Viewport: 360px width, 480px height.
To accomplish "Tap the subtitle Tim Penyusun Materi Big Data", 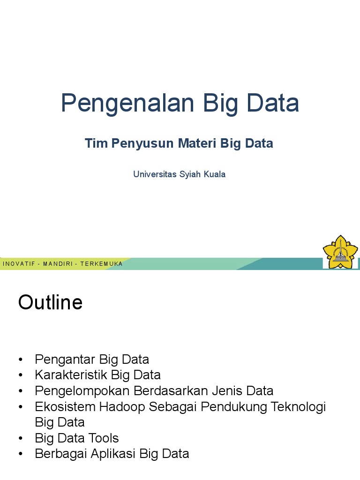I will (x=179, y=143).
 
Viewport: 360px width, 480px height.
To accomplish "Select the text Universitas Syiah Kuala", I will (x=179, y=174).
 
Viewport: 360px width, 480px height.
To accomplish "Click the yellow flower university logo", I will (x=340, y=252).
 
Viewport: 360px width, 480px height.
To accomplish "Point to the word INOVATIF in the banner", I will (x=19, y=264).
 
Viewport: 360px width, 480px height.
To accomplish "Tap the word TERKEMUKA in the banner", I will (x=101, y=264).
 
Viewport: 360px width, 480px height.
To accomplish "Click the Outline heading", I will (x=50, y=303).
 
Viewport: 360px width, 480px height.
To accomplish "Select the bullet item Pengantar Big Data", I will (x=92, y=360).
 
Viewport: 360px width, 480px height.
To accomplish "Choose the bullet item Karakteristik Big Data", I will (x=97, y=375).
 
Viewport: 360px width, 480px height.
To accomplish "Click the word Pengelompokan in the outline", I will (x=82, y=391).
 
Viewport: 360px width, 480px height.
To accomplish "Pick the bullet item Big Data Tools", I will (x=77, y=438).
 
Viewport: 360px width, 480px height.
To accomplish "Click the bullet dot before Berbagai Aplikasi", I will (x=21, y=454).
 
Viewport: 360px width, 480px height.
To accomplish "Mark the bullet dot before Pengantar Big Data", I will (x=21, y=360).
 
